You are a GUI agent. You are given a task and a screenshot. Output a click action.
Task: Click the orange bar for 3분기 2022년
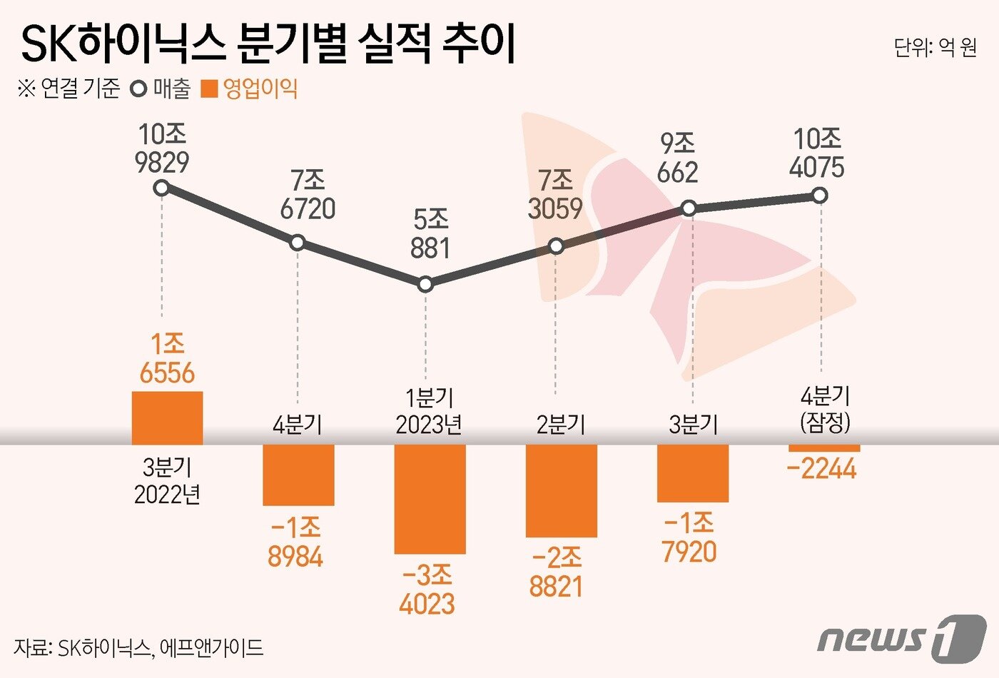(167, 418)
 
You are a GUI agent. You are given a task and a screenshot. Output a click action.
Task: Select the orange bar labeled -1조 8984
(298, 475)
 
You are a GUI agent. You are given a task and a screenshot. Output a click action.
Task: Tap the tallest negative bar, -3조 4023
(430, 499)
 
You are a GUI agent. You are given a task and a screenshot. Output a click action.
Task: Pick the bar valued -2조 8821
(561, 490)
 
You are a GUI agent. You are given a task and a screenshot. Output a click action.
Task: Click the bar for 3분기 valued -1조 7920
(692, 473)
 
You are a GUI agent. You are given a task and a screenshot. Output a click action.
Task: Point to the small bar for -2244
(824, 448)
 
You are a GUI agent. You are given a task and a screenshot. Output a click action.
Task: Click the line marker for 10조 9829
(162, 188)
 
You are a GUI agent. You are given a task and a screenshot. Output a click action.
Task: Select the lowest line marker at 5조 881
(425, 284)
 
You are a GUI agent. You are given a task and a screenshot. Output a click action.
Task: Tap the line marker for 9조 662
(689, 208)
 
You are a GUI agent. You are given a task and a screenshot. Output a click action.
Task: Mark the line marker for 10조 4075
(820, 195)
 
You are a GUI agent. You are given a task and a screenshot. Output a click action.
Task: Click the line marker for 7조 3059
(557, 246)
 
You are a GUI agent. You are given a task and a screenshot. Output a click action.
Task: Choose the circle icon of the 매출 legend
(139, 89)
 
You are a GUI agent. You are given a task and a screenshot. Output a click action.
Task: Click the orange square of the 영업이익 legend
(209, 89)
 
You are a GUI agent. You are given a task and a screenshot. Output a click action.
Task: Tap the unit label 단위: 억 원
(935, 48)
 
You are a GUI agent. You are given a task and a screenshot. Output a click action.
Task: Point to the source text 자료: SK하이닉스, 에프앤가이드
(138, 648)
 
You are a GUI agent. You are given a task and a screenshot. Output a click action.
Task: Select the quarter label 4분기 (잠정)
(826, 410)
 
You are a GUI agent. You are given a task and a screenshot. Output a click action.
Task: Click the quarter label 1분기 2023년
(429, 411)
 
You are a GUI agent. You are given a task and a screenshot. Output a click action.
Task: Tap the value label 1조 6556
(167, 359)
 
